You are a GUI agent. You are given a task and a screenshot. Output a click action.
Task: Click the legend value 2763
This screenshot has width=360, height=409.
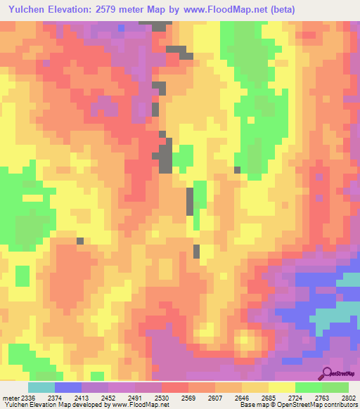(x=323, y=397)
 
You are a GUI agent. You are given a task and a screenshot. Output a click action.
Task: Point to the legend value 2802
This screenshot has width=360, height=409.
(x=349, y=397)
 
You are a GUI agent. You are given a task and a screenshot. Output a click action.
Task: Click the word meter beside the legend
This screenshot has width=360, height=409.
(x=8, y=397)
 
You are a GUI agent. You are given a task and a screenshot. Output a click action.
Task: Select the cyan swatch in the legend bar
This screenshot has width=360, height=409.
(x=41, y=387)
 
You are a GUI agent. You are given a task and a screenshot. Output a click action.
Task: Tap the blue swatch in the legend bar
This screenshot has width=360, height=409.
(x=67, y=387)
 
